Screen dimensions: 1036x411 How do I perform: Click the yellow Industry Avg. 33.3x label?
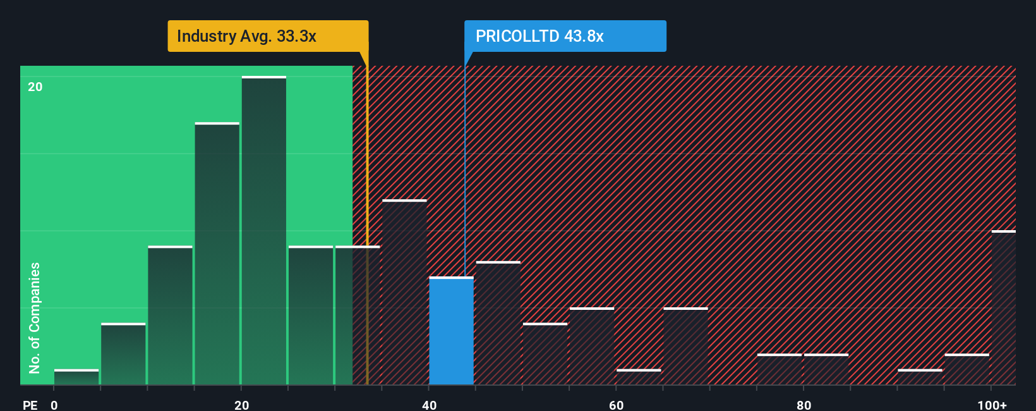(x=268, y=36)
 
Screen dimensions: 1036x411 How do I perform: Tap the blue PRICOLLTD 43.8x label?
(x=565, y=36)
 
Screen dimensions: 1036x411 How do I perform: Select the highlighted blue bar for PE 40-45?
(x=452, y=331)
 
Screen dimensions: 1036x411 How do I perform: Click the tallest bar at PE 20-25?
(x=263, y=230)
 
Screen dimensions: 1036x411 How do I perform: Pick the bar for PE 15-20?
(x=217, y=253)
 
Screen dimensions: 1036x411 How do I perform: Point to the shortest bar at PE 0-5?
(x=76, y=377)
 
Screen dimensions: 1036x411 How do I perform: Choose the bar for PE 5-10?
(x=123, y=353)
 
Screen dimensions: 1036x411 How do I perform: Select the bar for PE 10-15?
(x=170, y=315)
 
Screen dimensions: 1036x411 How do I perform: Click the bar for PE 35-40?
(x=404, y=292)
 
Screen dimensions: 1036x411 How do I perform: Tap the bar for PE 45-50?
(x=498, y=322)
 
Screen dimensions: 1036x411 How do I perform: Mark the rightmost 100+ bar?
(x=1004, y=307)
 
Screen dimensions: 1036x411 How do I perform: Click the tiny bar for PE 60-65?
(x=639, y=377)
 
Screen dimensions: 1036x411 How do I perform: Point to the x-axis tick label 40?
(x=429, y=405)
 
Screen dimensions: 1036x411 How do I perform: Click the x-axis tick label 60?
(x=616, y=405)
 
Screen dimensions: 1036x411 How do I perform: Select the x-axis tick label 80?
(x=804, y=405)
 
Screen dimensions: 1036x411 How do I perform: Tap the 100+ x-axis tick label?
(x=992, y=405)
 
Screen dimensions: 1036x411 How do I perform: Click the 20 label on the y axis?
(x=35, y=87)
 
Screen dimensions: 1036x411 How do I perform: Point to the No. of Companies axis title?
(x=35, y=318)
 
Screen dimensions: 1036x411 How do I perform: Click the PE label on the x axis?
(x=30, y=405)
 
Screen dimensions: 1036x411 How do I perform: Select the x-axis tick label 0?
(x=54, y=405)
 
